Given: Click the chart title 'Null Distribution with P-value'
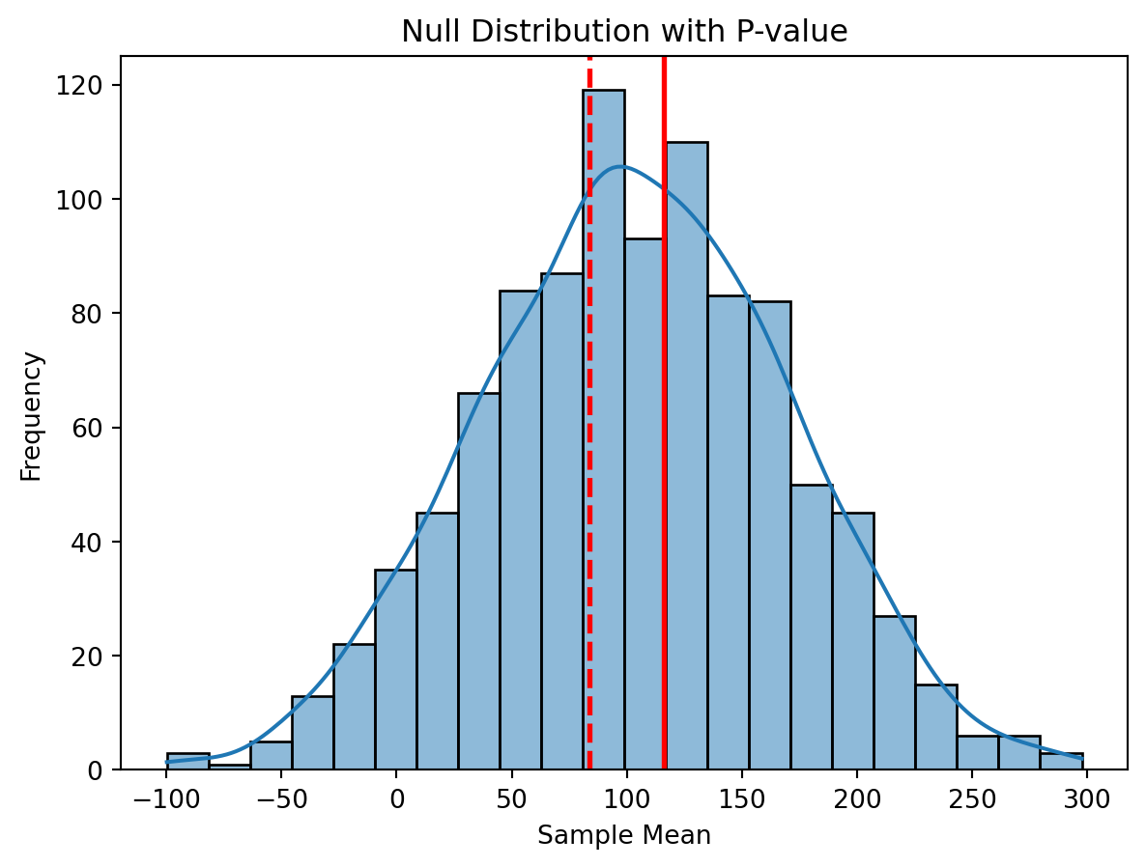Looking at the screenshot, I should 624,32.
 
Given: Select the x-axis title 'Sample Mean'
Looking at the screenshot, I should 624,836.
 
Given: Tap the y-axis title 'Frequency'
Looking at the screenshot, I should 31,415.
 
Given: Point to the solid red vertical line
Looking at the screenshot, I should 665,386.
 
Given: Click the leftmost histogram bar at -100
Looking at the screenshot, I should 187,761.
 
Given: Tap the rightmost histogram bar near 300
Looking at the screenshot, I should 1062,761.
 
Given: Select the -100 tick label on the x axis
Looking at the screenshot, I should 168,798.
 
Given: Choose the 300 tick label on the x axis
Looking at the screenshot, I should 1085,798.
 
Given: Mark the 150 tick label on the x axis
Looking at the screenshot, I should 741,798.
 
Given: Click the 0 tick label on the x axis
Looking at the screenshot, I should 397,798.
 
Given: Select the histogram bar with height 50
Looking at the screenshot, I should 812,628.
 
